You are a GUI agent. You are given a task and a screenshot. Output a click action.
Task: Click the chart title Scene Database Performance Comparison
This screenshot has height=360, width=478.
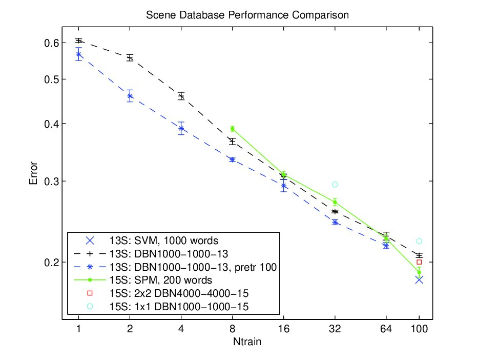pos(247,15)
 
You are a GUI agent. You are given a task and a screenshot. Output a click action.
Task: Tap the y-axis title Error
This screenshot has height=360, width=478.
pos(33,173)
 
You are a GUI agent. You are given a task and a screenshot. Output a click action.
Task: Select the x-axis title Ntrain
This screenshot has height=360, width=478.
pos(247,342)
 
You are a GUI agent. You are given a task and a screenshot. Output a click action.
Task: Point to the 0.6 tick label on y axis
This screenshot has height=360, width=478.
pos(51,43)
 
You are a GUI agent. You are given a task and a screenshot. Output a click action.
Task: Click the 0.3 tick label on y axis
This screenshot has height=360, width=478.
pos(51,182)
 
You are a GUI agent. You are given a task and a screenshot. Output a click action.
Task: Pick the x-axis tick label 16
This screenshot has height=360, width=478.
pos(283,329)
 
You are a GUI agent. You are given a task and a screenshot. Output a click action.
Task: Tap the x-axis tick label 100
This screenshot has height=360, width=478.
pos(419,329)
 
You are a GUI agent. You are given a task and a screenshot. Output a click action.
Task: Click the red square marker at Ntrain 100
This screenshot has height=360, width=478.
pos(419,262)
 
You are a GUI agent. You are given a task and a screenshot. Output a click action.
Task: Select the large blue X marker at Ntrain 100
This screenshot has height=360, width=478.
pos(419,280)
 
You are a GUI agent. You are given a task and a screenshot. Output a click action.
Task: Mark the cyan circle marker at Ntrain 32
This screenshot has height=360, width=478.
pos(335,184)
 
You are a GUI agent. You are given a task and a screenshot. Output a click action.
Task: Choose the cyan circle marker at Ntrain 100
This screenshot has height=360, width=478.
pos(419,242)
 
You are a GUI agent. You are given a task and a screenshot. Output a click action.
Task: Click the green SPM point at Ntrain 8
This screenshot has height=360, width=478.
pos(232,129)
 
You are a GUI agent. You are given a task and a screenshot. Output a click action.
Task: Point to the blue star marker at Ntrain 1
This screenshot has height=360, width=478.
pos(79,54)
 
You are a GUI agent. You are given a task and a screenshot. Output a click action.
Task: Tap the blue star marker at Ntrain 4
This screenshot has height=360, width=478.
pos(181,128)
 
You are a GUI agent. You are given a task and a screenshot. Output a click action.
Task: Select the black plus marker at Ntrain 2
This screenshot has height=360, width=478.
pos(130,58)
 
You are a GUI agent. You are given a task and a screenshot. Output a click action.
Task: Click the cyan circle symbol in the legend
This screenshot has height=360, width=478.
pos(90,306)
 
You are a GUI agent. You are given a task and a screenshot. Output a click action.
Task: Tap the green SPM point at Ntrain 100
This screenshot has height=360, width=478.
pos(419,272)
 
